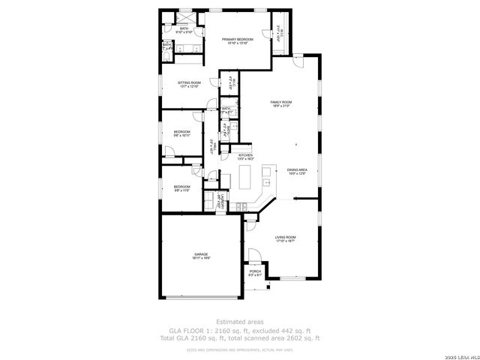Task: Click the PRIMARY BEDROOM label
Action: click(x=241, y=39)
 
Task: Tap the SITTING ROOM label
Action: click(x=189, y=82)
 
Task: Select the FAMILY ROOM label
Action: click(x=280, y=102)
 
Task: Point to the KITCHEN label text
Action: click(x=246, y=155)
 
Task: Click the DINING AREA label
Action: click(x=298, y=170)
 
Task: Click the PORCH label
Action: click(x=255, y=271)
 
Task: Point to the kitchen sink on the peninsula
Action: click(x=267, y=181)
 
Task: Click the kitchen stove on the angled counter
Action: click(x=241, y=206)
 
